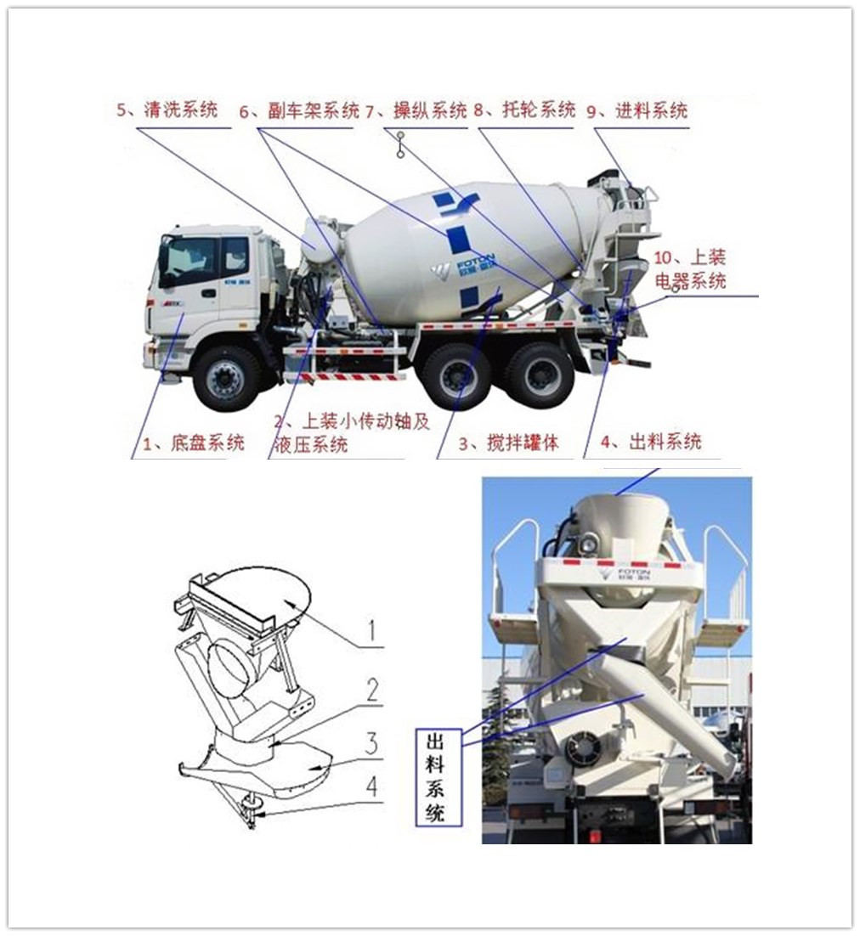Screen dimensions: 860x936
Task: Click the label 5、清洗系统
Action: pyautogui.click(x=167, y=110)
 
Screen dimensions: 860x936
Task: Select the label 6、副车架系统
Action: pyautogui.click(x=299, y=110)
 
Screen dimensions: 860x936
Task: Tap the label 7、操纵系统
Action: pyautogui.click(x=416, y=110)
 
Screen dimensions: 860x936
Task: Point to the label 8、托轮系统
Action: pyautogui.click(x=524, y=110)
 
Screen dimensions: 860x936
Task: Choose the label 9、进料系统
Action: pyautogui.click(x=637, y=110)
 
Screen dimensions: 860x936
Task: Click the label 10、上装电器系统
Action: pyautogui.click(x=690, y=269)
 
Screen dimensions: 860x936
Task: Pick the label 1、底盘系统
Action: pyautogui.click(x=194, y=443)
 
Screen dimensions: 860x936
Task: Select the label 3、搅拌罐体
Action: pyautogui.click(x=509, y=443)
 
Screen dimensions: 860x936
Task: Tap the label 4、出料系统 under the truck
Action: pyautogui.click(x=651, y=442)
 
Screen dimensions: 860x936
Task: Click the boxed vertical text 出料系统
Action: pyautogui.click(x=438, y=777)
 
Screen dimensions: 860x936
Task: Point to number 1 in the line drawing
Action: pyautogui.click(x=372, y=630)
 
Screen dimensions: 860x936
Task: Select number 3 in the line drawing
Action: pyautogui.click(x=371, y=743)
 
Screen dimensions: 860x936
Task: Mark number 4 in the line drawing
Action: pyautogui.click(x=371, y=787)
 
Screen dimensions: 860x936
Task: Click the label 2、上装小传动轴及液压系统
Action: pyautogui.click(x=352, y=433)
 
